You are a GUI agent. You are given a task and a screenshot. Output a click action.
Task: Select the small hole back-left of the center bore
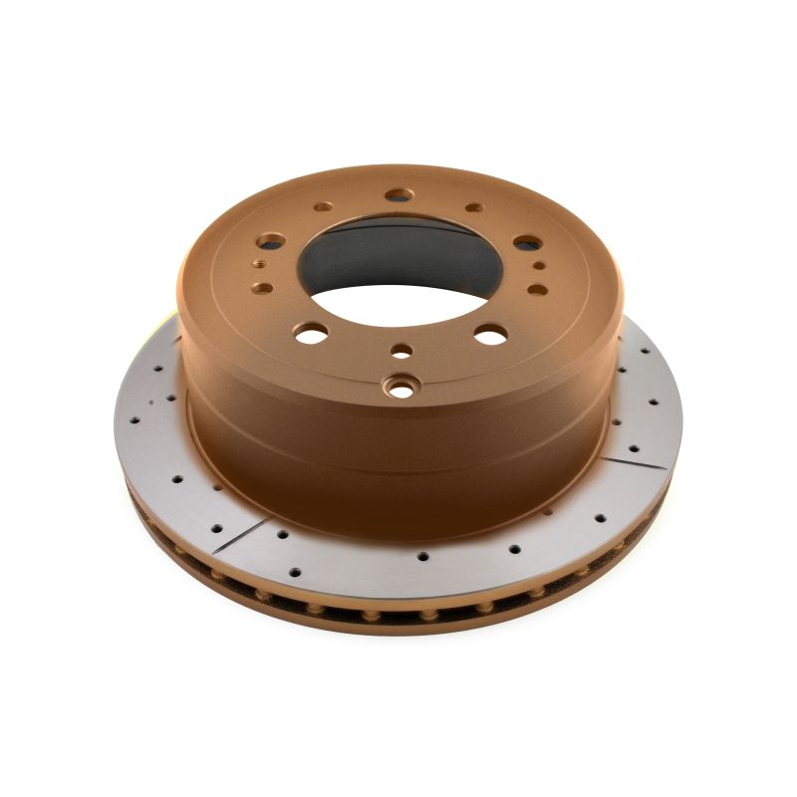click(x=324, y=207)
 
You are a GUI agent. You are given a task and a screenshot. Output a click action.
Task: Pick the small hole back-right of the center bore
click(x=474, y=208)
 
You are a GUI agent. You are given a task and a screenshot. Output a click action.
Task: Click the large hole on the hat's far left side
click(x=271, y=241)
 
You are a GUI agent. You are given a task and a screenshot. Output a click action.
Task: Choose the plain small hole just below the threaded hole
click(x=264, y=287)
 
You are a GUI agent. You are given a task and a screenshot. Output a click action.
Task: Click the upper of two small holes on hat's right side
click(x=539, y=266)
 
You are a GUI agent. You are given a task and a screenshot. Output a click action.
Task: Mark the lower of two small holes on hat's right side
click(x=536, y=289)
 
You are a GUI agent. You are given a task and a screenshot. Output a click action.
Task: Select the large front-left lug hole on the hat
click(x=310, y=335)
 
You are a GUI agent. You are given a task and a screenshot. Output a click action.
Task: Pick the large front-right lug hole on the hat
click(x=489, y=335)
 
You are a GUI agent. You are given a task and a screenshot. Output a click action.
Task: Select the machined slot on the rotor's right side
click(x=638, y=453)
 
